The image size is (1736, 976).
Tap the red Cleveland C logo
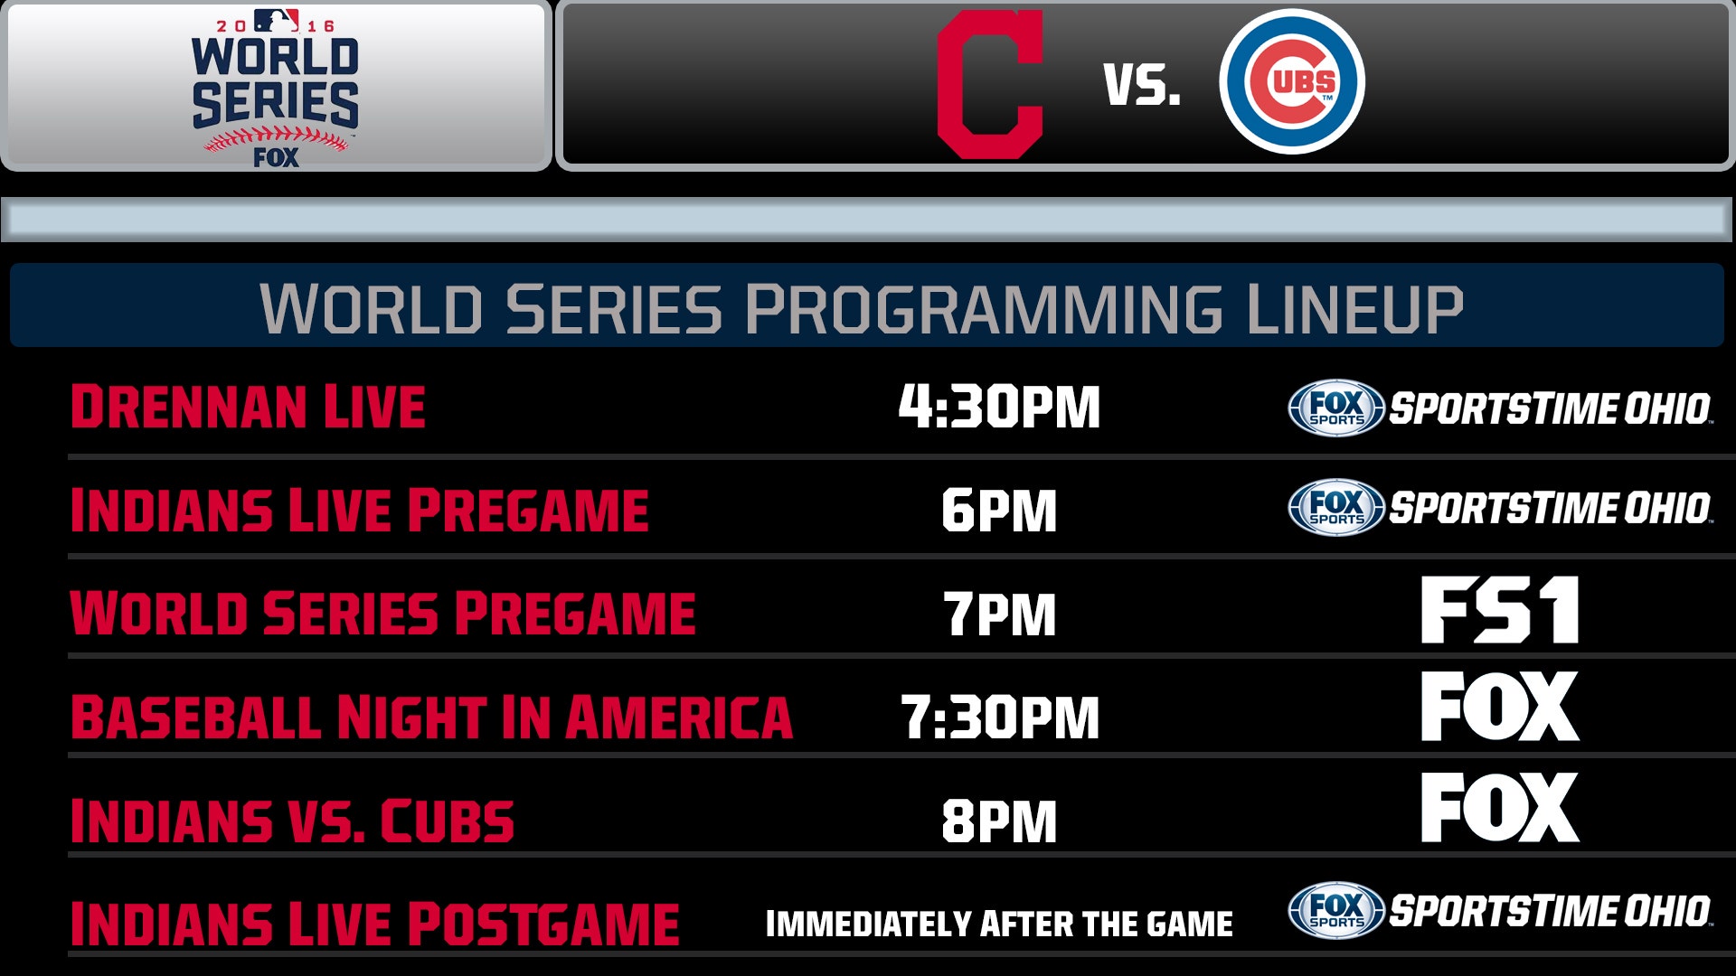990,85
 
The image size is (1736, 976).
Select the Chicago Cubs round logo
1291,82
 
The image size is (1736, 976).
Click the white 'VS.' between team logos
1142,86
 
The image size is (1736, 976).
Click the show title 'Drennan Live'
248,407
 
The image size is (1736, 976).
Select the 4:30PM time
999,407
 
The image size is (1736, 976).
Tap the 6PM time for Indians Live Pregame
999,511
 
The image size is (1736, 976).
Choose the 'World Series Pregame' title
382,614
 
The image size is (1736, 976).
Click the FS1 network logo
1500,610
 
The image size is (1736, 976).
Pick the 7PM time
999,615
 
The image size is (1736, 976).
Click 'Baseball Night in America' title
431,718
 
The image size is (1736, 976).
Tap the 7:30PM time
999,718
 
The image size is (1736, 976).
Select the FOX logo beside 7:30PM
1500,706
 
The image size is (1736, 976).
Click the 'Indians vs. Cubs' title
292,821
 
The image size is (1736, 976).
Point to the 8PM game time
999,821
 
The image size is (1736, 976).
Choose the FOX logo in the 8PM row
1500,807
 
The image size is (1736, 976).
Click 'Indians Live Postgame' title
374,924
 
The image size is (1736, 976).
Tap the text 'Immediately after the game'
999,924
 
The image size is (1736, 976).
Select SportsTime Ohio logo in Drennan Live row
1500,408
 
